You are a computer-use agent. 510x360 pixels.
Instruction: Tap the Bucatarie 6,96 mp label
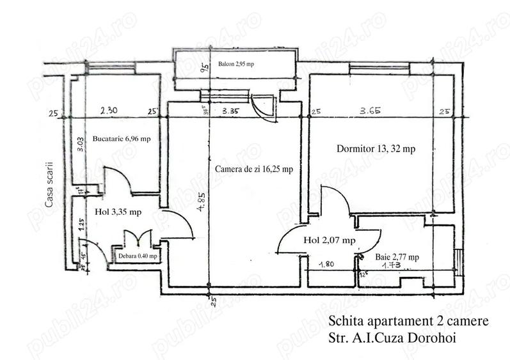(x=122, y=138)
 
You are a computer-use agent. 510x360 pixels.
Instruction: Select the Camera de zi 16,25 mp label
(x=254, y=169)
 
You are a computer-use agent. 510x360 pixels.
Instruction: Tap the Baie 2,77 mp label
(x=397, y=257)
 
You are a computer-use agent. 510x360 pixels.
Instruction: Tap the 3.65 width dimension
(x=371, y=111)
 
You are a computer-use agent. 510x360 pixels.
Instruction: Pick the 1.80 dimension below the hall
(x=326, y=263)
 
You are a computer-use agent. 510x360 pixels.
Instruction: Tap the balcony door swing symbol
(x=263, y=106)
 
